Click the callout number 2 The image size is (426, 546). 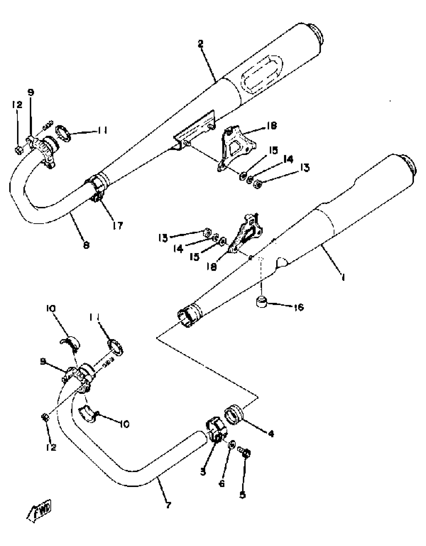200,44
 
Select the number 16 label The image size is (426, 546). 298,307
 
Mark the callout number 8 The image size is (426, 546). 86,245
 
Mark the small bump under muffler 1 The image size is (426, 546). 282,262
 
